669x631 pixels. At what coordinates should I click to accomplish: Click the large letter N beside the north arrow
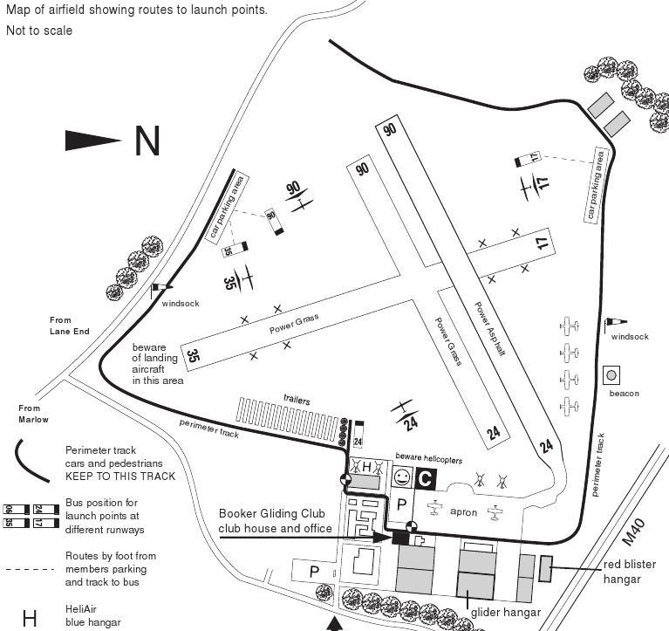click(147, 141)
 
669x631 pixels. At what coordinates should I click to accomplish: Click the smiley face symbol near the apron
click(401, 477)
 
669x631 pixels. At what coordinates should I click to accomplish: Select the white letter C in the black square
click(424, 478)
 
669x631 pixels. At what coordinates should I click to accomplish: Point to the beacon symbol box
click(611, 375)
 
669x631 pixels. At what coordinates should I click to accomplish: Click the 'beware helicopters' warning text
click(428, 459)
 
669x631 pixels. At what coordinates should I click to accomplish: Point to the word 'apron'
click(463, 512)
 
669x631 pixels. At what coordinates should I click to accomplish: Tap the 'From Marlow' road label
click(29, 413)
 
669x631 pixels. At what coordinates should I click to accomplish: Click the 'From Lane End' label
click(69, 326)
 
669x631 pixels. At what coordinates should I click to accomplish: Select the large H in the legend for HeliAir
click(30, 618)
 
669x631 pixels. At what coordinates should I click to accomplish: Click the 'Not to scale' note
click(39, 31)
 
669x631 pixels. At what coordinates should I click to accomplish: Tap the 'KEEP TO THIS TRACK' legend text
click(120, 476)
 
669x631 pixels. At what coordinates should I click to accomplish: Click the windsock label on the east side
click(629, 336)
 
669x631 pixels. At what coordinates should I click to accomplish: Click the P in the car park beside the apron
click(403, 505)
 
